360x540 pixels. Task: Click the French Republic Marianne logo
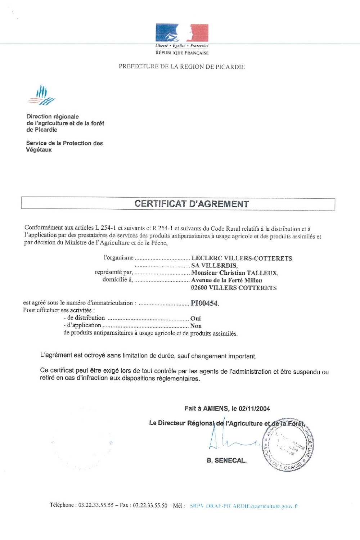(182, 33)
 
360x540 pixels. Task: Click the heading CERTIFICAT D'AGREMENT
(192, 204)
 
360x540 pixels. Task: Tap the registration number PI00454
(204, 303)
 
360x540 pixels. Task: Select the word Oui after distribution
(195, 319)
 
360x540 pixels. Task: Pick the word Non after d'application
(196, 326)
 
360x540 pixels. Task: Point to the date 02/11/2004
(254, 409)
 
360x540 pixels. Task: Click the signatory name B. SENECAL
(226, 460)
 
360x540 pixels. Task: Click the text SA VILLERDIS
(214, 266)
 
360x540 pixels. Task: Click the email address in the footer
(244, 506)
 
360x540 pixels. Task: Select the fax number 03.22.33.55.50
(150, 505)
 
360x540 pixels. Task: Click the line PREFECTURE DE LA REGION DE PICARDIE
(182, 67)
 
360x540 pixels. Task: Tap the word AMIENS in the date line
(216, 409)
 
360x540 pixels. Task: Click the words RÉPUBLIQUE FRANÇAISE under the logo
(182, 53)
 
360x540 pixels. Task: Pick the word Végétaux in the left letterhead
(39, 150)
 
